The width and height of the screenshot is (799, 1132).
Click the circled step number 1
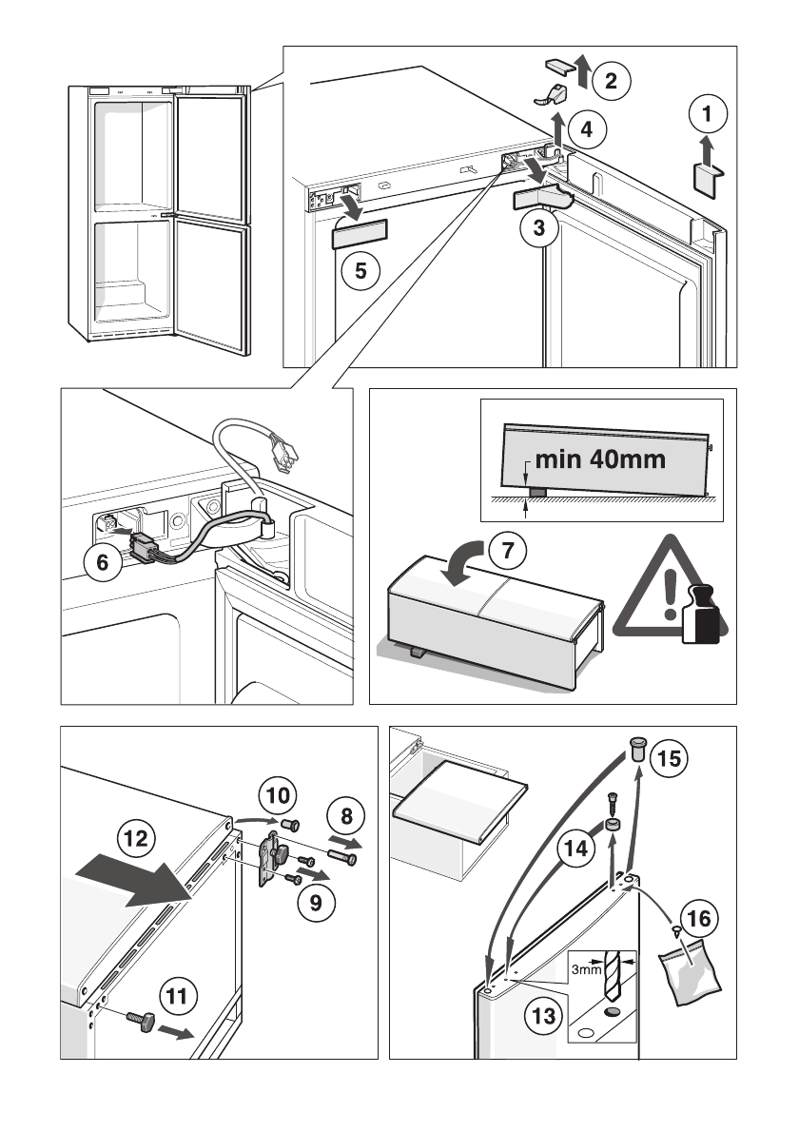[707, 113]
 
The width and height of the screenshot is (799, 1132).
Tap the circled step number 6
[103, 561]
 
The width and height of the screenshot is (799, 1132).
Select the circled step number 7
[507, 551]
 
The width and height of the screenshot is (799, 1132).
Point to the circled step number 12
[136, 838]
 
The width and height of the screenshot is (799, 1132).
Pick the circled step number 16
[699, 918]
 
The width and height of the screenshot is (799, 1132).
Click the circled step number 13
[543, 1017]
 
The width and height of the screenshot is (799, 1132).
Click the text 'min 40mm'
[600, 459]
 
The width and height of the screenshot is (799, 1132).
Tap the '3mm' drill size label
[586, 969]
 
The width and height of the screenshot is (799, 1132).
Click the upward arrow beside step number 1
[707, 151]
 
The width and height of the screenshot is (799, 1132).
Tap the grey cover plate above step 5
[360, 234]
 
